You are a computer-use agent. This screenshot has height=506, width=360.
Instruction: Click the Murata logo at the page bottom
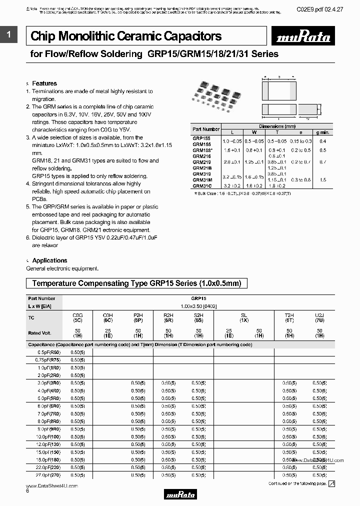pyautogui.click(x=180, y=494)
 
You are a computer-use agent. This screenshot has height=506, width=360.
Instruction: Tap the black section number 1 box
pyautogui.click(x=8, y=34)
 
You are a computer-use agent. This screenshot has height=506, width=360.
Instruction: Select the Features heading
pyautogui.click(x=44, y=83)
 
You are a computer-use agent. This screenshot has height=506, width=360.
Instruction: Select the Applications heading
pyautogui.click(x=49, y=260)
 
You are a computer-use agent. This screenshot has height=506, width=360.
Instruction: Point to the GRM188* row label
pyautogui.click(x=203, y=150)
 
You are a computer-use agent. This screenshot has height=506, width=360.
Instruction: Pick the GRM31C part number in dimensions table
pyautogui.click(x=202, y=185)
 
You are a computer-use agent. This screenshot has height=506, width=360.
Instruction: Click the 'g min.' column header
pyautogui.click(x=322, y=132)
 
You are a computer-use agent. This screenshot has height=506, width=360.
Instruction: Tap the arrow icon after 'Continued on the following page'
pyautogui.click(x=331, y=483)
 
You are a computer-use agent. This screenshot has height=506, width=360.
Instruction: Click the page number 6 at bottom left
pyautogui.click(x=27, y=491)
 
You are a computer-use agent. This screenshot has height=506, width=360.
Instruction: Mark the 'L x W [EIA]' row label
pyautogui.click(x=39, y=305)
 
